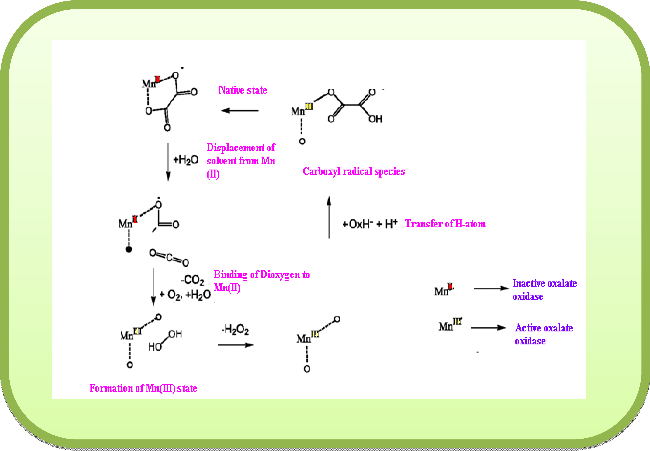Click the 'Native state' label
243,90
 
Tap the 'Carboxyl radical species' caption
354,171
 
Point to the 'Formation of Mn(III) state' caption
143,388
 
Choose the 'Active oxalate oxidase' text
544,334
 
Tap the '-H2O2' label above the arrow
235,329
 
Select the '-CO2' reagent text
192,280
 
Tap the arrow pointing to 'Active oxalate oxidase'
488,328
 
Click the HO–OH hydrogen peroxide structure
165,340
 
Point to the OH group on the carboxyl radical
375,119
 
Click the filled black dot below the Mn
129,249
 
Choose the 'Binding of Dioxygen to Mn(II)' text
261,281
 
